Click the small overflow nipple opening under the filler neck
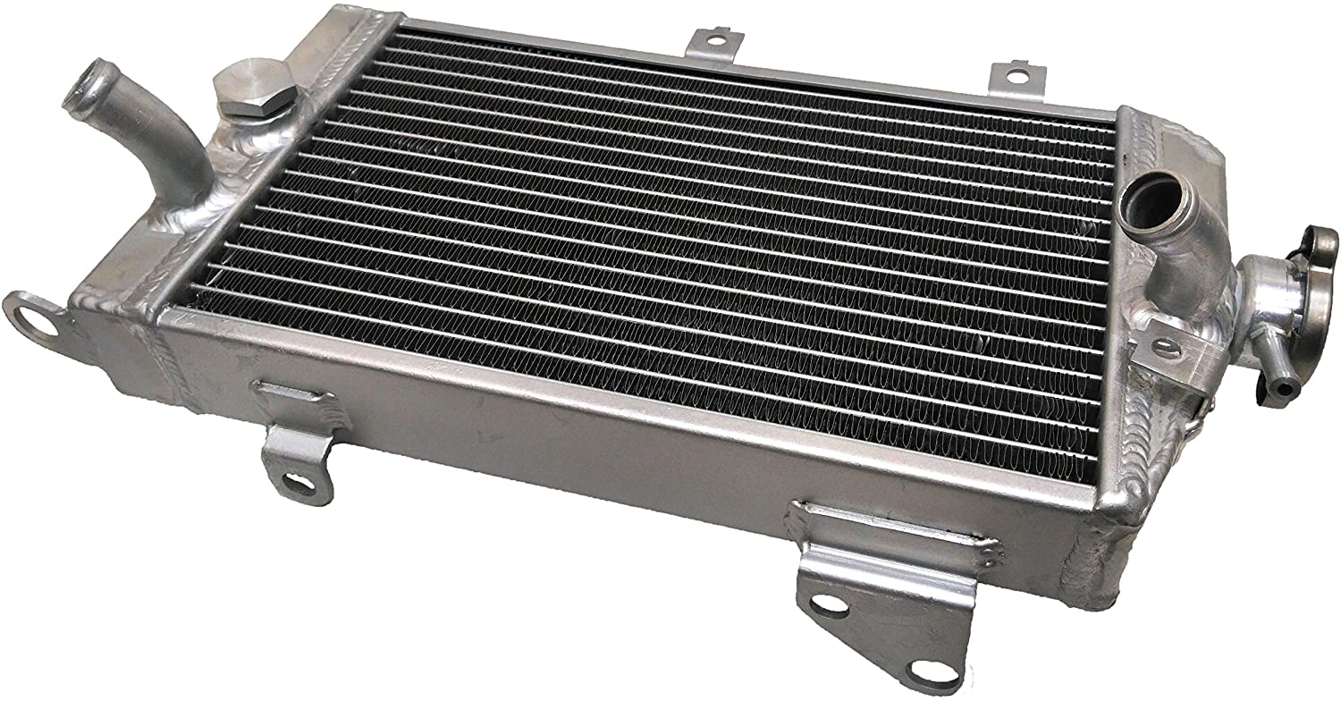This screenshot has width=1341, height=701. tap(1284, 390)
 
